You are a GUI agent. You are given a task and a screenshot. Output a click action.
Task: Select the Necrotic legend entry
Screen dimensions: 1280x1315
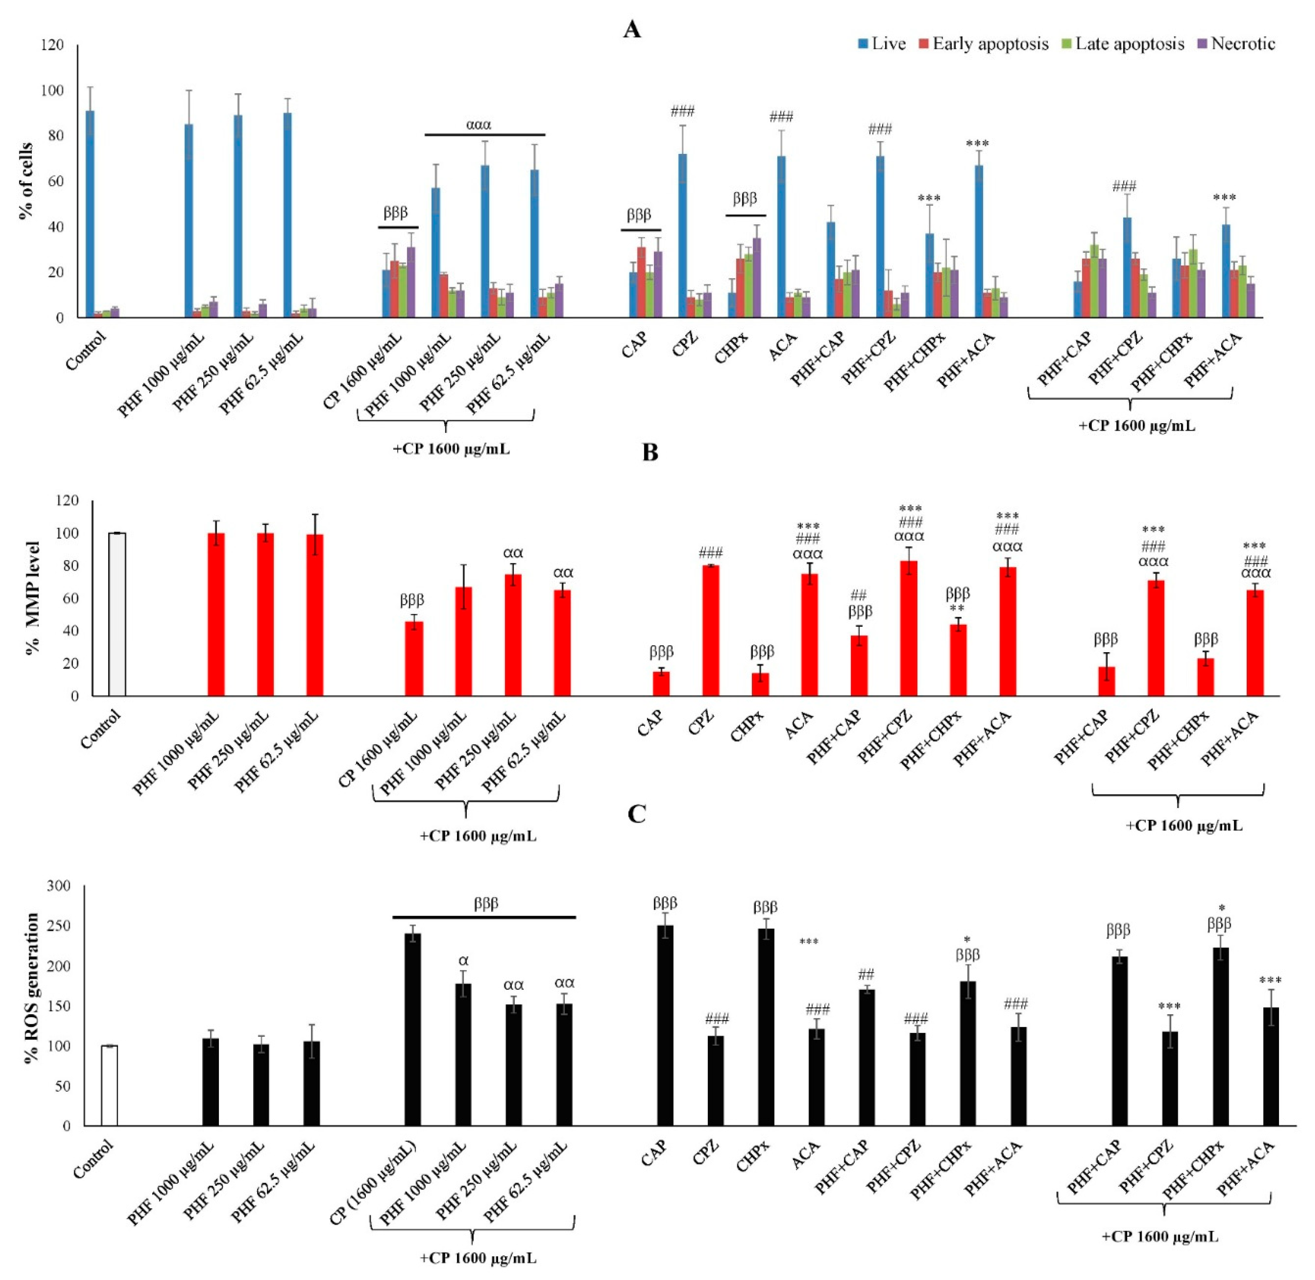pos(1236,44)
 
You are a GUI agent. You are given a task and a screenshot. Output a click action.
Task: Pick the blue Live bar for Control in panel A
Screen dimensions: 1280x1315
pos(90,215)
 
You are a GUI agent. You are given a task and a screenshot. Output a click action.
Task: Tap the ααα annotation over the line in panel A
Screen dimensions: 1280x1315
pos(479,124)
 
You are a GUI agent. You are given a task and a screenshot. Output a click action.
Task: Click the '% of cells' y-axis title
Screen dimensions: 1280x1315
pos(26,181)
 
